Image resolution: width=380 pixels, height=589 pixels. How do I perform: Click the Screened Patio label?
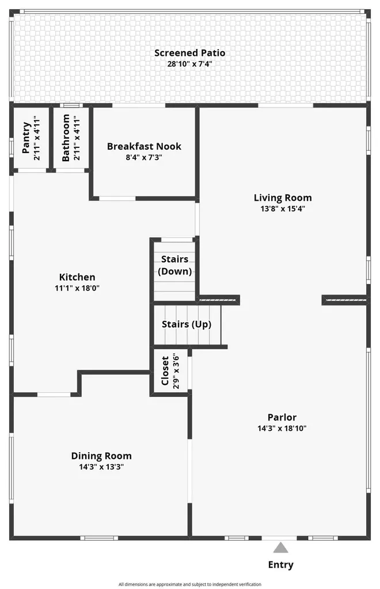[x=189, y=53]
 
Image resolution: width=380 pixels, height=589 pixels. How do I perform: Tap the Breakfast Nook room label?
[x=144, y=146]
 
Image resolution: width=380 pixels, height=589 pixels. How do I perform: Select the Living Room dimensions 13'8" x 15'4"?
[x=282, y=209]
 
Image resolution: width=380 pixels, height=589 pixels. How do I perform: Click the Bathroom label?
[x=66, y=138]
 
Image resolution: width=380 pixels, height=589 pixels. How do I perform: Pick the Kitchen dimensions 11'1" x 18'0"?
[x=78, y=288]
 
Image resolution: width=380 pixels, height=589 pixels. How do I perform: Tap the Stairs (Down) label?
[x=174, y=265]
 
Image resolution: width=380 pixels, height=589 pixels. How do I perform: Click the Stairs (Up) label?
[x=186, y=324]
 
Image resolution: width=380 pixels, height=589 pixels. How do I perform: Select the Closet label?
[x=165, y=371]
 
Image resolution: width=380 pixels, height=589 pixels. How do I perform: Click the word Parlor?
[x=282, y=417]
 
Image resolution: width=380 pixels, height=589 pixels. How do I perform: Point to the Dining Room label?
[x=101, y=456]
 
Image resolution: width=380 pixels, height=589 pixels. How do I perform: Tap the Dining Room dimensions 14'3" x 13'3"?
[x=101, y=467]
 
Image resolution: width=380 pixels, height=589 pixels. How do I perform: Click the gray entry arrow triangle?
[x=280, y=547]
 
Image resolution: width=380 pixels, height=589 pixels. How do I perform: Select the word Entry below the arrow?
[x=280, y=565]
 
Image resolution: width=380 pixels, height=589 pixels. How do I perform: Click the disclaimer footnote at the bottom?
[x=189, y=584]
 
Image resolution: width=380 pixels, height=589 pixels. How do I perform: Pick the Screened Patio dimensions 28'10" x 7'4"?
[x=189, y=64]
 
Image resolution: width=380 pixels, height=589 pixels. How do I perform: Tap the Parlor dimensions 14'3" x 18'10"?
[x=282, y=429]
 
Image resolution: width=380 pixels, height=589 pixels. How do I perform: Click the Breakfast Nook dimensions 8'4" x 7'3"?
[x=144, y=157]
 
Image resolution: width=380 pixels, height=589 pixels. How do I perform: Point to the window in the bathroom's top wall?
[x=71, y=105]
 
